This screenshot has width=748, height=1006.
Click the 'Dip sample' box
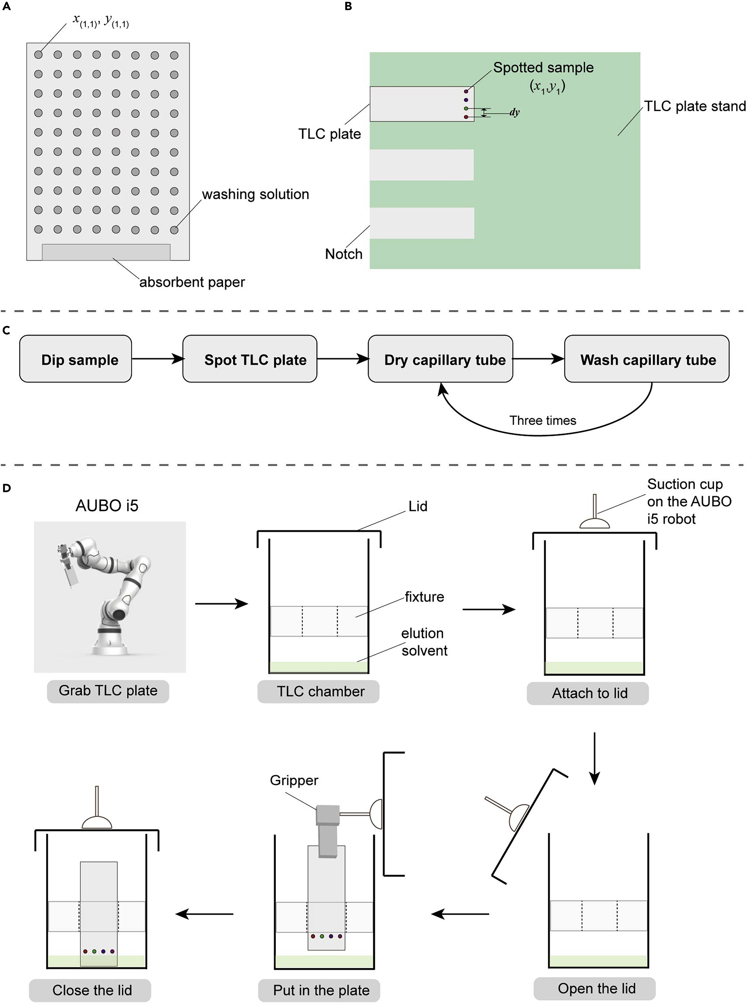[x=76, y=359]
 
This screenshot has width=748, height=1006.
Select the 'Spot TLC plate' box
[x=250, y=359]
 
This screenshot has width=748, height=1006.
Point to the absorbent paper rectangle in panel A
[x=106, y=252]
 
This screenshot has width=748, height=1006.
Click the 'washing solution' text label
[x=255, y=194]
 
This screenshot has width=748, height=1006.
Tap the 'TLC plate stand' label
[x=694, y=106]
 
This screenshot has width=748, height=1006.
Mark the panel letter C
[x=6, y=331]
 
